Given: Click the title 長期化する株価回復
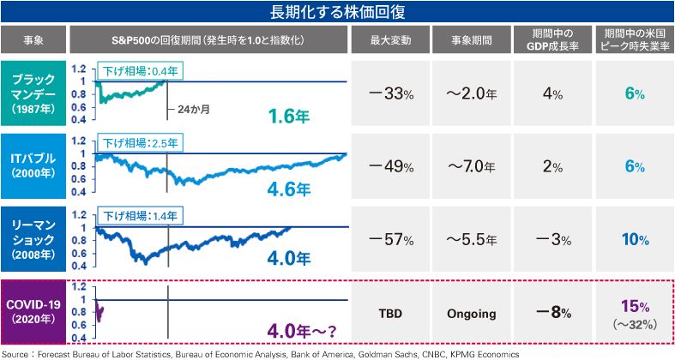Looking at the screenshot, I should [x=337, y=11].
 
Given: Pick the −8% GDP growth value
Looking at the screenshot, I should [x=548, y=313].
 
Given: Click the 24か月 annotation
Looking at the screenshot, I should [x=194, y=110].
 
